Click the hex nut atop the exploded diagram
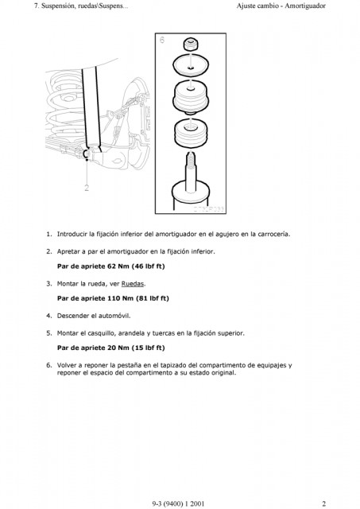point(191,45)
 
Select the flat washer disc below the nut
point(191,65)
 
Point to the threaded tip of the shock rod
point(191,160)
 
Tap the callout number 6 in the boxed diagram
point(162,40)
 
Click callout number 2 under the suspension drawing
point(87,188)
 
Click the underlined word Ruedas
point(133,284)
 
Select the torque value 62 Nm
point(118,266)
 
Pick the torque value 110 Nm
point(120,298)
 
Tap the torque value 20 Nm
point(118,348)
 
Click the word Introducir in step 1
point(72,234)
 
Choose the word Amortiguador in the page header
point(305,6)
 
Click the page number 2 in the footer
point(323,503)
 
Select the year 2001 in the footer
point(197,503)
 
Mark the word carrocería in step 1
point(273,234)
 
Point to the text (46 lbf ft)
point(149,266)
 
